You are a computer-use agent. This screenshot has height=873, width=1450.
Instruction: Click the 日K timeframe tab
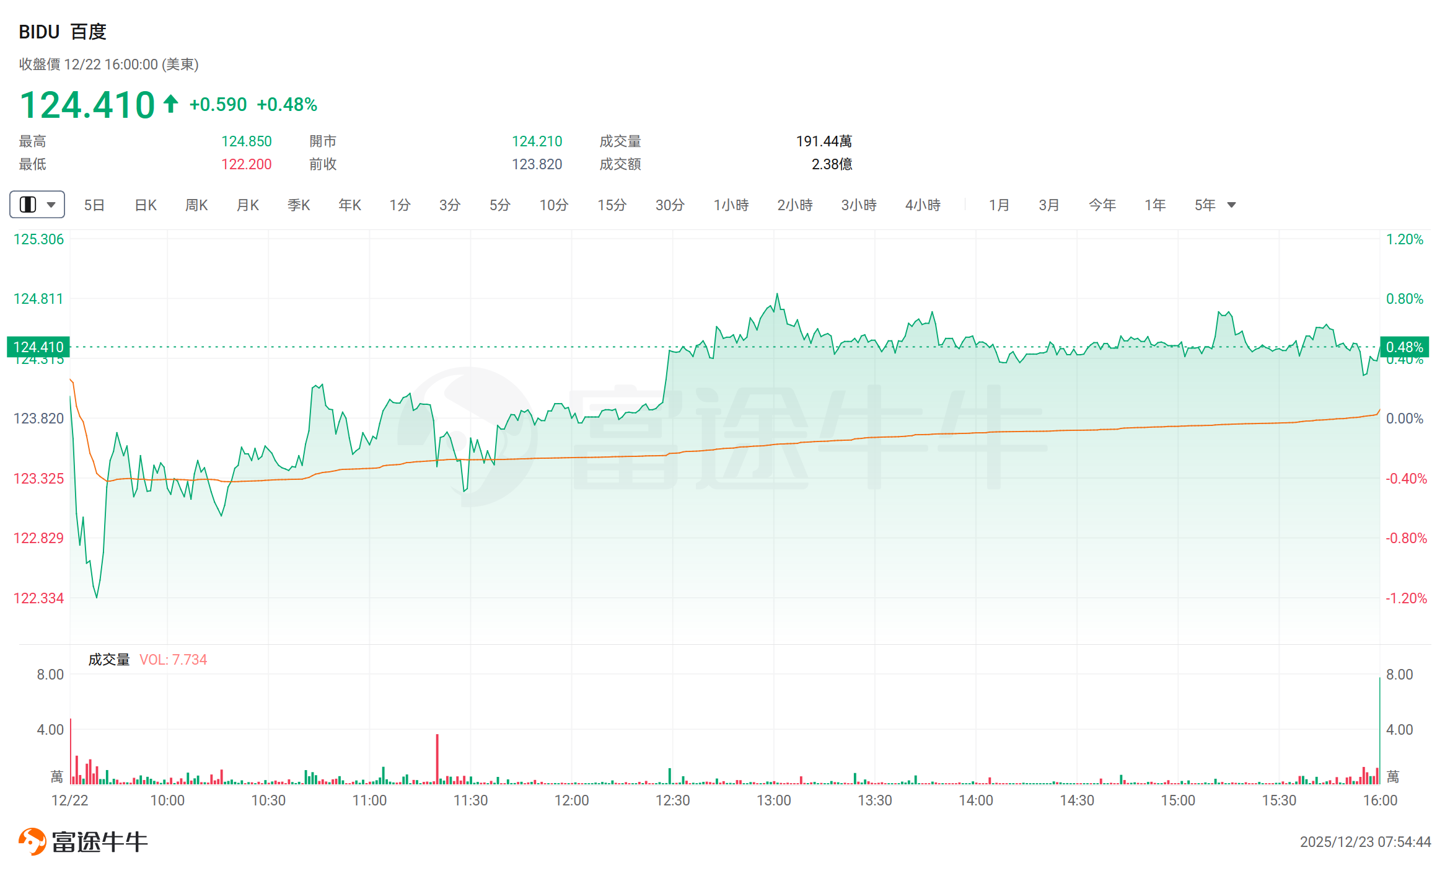146,205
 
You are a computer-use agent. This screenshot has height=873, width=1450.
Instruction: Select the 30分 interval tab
670,205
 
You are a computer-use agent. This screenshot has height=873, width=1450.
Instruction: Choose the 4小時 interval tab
923,205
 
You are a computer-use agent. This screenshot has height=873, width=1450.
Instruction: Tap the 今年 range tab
1102,205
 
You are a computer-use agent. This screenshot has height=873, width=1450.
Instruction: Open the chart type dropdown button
37,205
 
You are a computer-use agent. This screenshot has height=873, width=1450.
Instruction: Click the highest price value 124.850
247,141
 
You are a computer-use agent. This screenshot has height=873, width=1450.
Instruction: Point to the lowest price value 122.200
247,164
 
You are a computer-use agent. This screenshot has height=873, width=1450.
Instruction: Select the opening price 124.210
537,141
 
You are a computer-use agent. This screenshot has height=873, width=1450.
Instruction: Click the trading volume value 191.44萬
824,141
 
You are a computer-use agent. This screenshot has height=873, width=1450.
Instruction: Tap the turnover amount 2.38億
832,164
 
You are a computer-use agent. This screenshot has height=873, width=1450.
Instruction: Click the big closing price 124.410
87,104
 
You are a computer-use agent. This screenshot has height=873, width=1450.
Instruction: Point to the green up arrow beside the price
171,104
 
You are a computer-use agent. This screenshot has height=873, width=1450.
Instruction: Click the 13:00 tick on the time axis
773,800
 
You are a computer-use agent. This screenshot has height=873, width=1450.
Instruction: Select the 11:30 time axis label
470,800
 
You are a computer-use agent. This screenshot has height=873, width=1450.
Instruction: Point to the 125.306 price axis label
38,239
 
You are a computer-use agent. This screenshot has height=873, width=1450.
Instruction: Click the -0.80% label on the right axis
1406,538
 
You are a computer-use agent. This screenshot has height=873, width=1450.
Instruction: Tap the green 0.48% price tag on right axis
1404,347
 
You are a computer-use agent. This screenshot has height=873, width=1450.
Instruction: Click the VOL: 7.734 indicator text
173,660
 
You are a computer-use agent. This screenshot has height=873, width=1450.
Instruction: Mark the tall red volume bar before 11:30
437,758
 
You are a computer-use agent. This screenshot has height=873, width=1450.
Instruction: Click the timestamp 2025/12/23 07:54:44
1365,841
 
